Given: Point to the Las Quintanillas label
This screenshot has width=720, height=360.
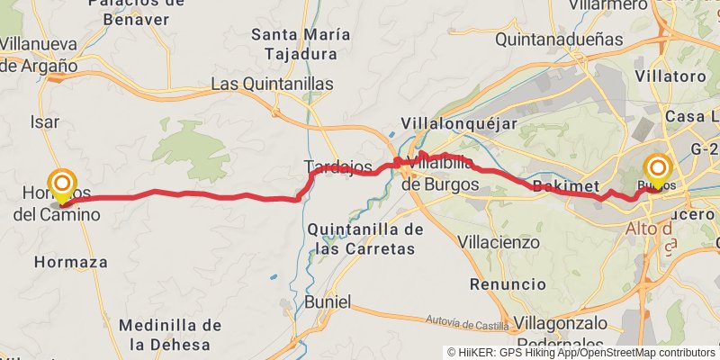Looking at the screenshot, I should click(x=272, y=84).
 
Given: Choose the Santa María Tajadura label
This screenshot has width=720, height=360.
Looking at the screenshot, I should click(x=301, y=44).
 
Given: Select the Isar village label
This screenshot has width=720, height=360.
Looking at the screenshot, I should click(x=45, y=121).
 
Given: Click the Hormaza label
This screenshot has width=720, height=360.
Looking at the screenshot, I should click(x=70, y=262).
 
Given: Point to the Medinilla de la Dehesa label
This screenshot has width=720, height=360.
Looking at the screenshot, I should click(x=170, y=334).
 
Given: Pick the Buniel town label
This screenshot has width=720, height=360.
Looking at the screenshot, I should click(x=328, y=302).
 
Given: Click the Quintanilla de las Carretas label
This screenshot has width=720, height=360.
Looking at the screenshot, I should click(x=365, y=238).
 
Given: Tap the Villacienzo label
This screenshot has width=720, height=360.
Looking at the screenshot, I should click(x=499, y=242).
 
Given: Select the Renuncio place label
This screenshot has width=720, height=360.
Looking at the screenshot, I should click(x=508, y=283).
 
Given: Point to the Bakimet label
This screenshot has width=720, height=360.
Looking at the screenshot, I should click(x=566, y=186).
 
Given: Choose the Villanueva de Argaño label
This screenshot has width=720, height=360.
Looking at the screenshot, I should click(x=38, y=54).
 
